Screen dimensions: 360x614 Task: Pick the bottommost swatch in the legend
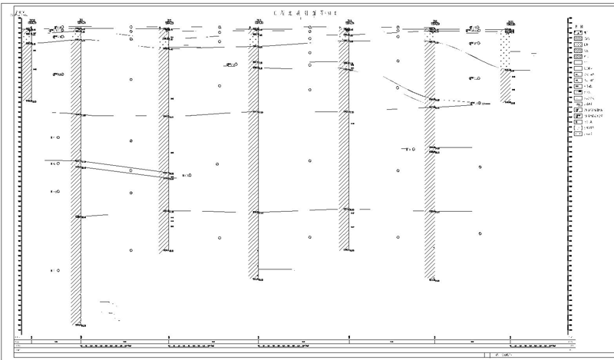click(x=576, y=134)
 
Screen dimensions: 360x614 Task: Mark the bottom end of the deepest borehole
click(x=77, y=324)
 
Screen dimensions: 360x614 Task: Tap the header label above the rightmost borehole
click(x=510, y=21)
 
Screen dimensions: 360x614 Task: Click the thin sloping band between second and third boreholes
click(x=123, y=169)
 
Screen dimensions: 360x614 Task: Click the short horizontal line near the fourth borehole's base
click(x=276, y=269)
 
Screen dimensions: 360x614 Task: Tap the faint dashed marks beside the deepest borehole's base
click(x=109, y=305)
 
